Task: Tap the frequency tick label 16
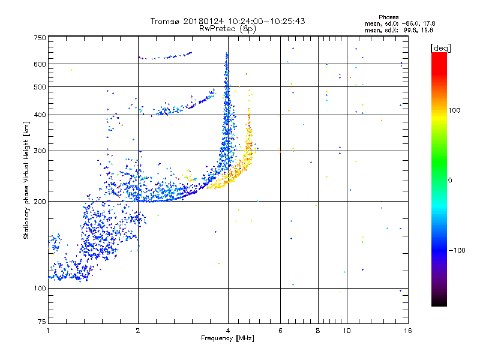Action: point(407,330)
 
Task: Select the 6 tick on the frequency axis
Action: point(280,330)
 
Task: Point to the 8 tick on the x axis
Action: point(318,330)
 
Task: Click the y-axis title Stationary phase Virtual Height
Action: point(26,179)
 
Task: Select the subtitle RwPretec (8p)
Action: point(227,28)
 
